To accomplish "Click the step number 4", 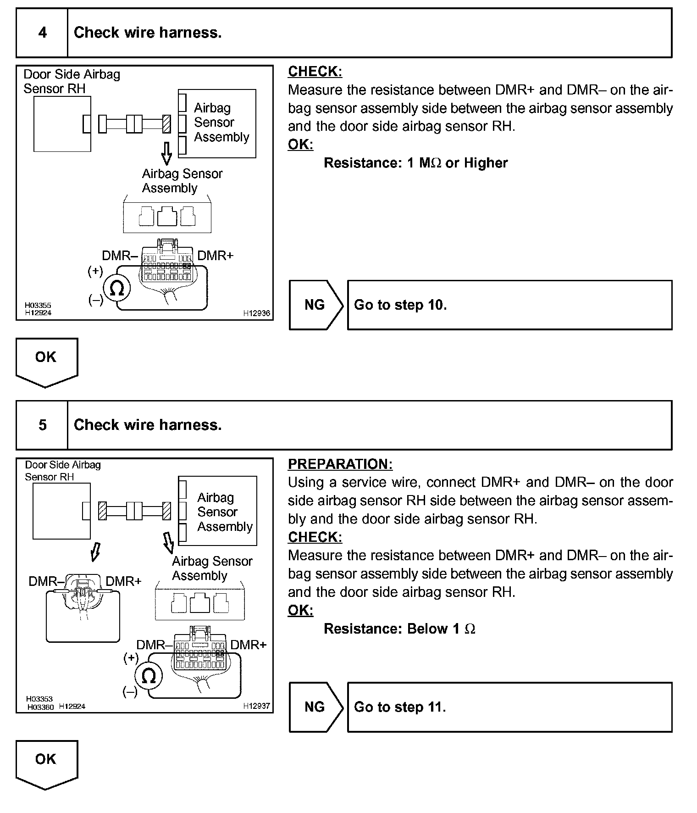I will [42, 33].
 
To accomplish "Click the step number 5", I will [42, 425].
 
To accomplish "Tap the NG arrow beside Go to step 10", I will [315, 305].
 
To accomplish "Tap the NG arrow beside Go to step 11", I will [315, 707].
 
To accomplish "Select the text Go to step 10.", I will [400, 305].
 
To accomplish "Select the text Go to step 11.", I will [400, 707].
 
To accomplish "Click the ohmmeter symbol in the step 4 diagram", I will [117, 289].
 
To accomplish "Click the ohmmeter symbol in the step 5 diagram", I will [148, 676].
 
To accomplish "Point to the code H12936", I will [256, 313].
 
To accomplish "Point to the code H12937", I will [256, 706].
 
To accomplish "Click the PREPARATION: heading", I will [340, 464].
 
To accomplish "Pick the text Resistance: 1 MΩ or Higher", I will [415, 163].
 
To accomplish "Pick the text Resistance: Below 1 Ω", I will [399, 629].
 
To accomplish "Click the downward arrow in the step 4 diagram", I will [167, 153].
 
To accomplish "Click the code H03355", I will [38, 305].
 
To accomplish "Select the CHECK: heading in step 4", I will [315, 72].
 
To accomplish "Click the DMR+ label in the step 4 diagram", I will [215, 256].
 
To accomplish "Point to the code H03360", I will [41, 707].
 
